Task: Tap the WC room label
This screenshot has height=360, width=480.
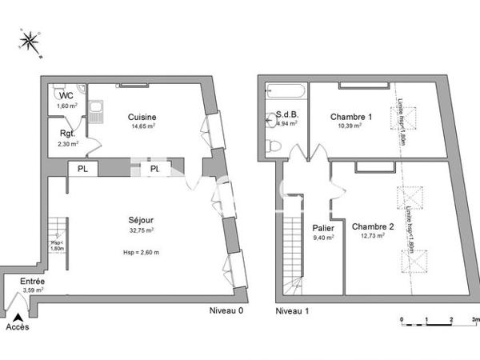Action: pyautogui.click(x=65, y=94)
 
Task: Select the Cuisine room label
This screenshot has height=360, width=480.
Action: pyautogui.click(x=142, y=117)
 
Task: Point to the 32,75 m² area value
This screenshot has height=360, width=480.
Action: pyautogui.click(x=141, y=230)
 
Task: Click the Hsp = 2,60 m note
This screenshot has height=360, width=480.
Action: pyautogui.click(x=141, y=253)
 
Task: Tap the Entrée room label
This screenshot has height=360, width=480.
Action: pyautogui.click(x=33, y=282)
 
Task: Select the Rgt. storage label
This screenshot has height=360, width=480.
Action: pyautogui.click(x=67, y=134)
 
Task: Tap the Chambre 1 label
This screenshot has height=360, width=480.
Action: pyautogui.click(x=351, y=117)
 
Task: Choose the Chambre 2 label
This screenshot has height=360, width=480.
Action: pyautogui.click(x=372, y=226)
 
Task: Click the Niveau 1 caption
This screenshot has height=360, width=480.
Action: pyautogui.click(x=292, y=310)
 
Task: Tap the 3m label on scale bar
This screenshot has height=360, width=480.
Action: pyautogui.click(x=475, y=319)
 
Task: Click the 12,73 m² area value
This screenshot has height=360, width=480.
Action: pyautogui.click(x=372, y=237)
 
